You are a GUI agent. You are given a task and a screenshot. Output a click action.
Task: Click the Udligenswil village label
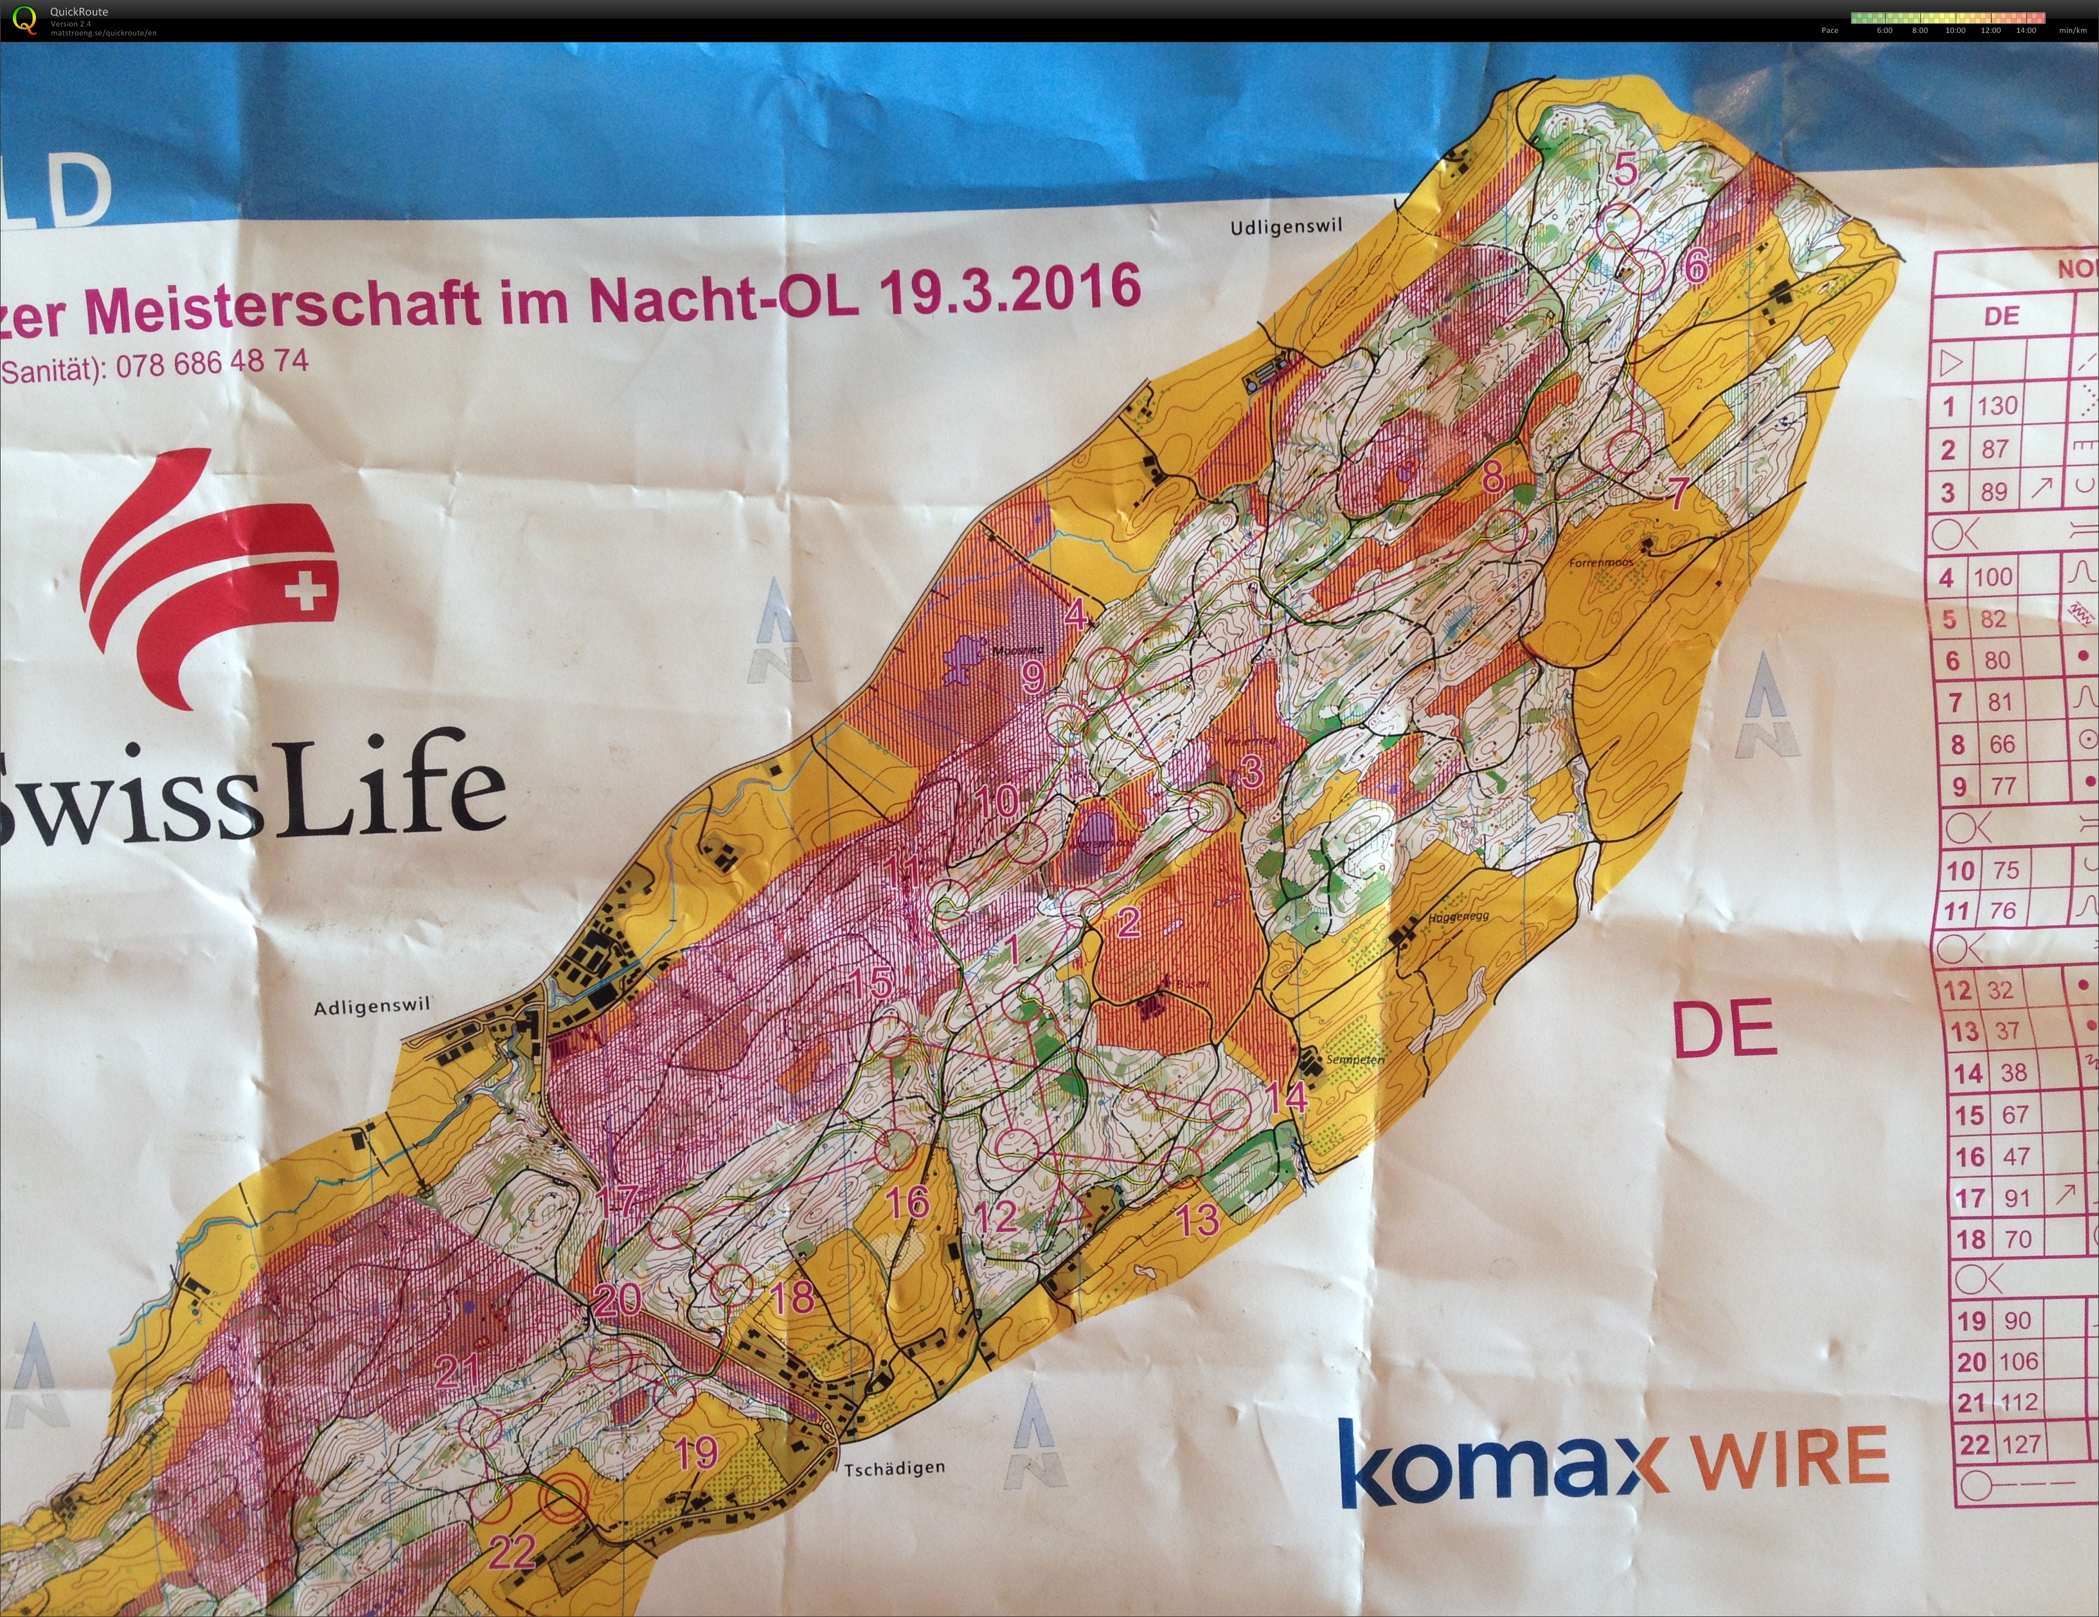tap(1285, 227)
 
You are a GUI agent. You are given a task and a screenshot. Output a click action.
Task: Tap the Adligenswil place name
tap(372, 1007)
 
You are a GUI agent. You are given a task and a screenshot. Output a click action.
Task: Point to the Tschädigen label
tap(894, 1468)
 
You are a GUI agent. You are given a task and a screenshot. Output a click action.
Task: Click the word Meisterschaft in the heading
tap(281, 305)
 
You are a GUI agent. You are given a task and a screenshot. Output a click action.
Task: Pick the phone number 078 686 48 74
tap(212, 363)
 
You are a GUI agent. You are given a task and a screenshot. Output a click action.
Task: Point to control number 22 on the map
tap(512, 1551)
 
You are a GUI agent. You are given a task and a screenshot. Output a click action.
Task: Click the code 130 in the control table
tap(1996, 406)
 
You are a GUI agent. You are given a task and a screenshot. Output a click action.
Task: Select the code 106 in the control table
tap(2017, 1361)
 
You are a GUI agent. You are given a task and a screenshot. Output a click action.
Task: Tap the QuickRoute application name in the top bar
tap(79, 12)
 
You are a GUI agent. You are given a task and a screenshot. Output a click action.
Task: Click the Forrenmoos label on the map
tap(1600, 563)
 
